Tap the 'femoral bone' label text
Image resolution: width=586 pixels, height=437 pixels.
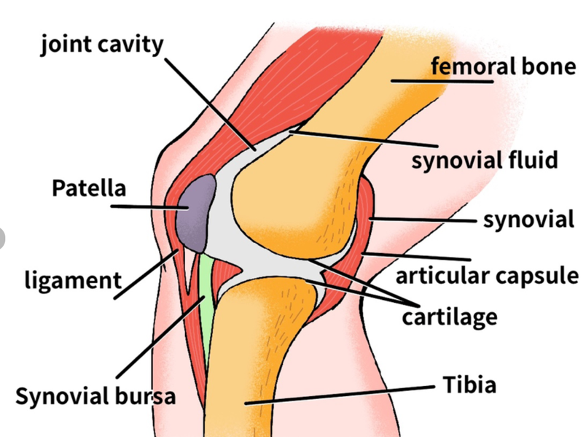(503, 67)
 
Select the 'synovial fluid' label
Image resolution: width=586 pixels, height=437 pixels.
(485, 159)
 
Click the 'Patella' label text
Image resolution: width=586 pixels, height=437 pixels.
(89, 188)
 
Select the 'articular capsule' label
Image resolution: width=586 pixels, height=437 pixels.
(487, 276)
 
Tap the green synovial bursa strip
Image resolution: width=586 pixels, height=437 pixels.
(211, 306)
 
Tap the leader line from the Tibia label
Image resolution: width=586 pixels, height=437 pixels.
(343, 394)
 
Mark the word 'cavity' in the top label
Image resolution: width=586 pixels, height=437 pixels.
(131, 45)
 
